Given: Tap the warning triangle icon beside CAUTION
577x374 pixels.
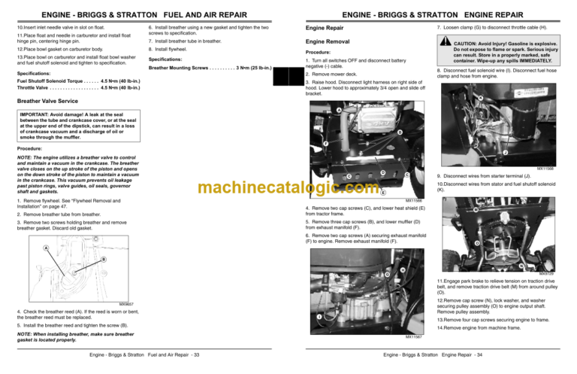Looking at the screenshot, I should (x=445, y=44).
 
